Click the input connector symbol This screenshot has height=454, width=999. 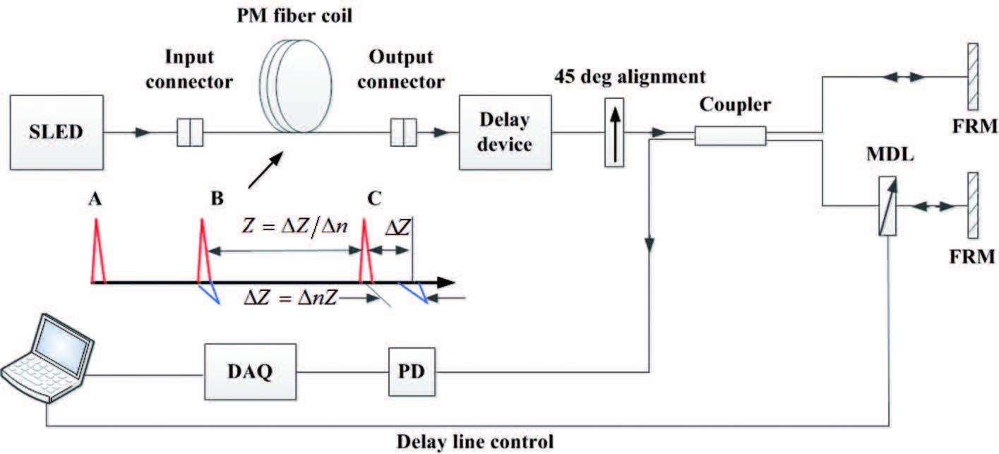point(189,132)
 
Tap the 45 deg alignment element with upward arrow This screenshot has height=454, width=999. point(615,132)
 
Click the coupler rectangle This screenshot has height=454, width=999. point(730,135)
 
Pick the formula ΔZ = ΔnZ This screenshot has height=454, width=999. point(290,297)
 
